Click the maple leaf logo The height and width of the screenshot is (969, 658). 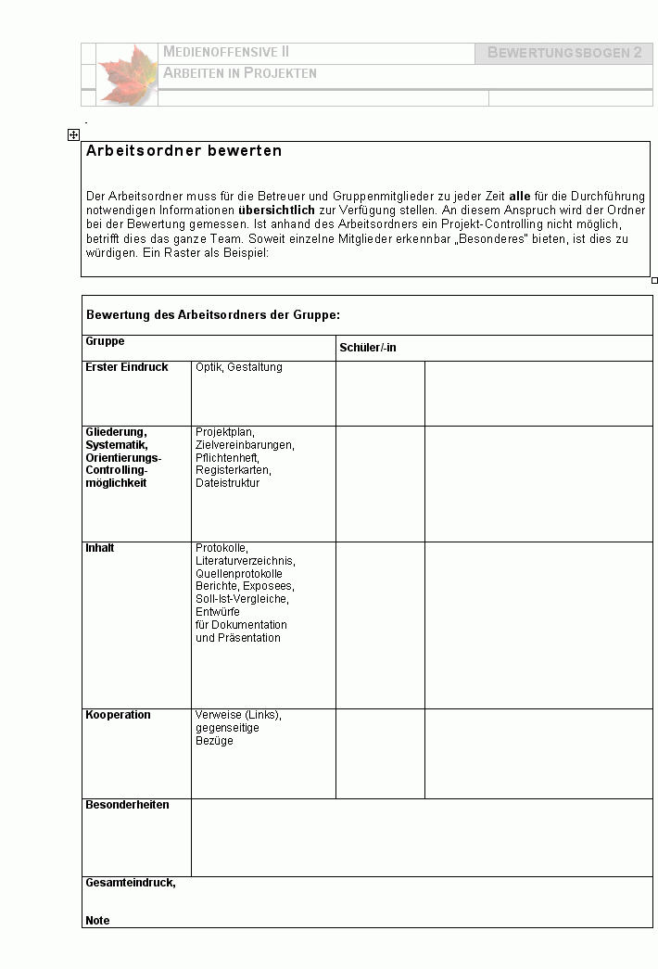pyautogui.click(x=128, y=74)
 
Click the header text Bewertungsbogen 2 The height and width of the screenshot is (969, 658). pyautogui.click(x=564, y=53)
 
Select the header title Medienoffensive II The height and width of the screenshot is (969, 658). pyautogui.click(x=226, y=52)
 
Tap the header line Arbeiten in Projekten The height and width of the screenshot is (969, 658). pyautogui.click(x=240, y=72)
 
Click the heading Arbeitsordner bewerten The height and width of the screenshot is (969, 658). pyautogui.click(x=183, y=150)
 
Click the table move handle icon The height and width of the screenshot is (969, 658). pyautogui.click(x=73, y=134)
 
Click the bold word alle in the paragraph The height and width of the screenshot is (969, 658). pyautogui.click(x=520, y=197)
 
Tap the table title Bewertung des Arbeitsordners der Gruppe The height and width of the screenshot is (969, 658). pyautogui.click(x=213, y=315)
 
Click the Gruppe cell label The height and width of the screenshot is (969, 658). pyautogui.click(x=105, y=342)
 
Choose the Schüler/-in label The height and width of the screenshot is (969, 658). pyautogui.click(x=368, y=348)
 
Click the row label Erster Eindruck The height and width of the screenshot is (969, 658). pyautogui.click(x=127, y=367)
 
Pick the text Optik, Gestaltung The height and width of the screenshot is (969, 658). pyautogui.click(x=239, y=367)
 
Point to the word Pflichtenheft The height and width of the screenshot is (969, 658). pyautogui.click(x=227, y=458)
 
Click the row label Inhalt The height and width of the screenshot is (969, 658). pyautogui.click(x=100, y=548)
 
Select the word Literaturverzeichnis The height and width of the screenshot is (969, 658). pyautogui.click(x=246, y=561)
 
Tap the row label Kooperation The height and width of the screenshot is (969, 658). pyautogui.click(x=118, y=715)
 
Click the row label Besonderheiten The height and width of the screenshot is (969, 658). pyautogui.click(x=127, y=805)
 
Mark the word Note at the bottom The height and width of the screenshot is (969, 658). pyautogui.click(x=97, y=921)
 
